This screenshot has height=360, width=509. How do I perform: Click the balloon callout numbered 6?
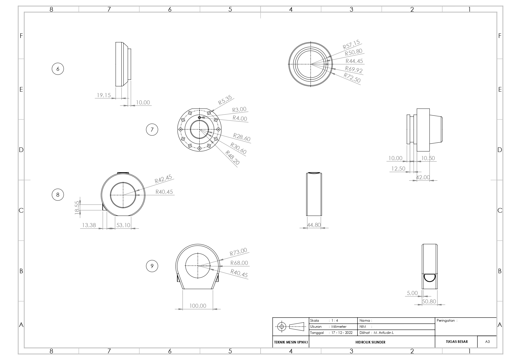point(58,69)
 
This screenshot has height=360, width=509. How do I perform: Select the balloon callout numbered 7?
point(152,130)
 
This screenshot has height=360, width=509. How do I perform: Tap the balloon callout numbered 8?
point(58,195)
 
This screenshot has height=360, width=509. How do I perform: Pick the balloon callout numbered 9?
point(152,266)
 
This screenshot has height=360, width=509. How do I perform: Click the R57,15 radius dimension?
point(351,45)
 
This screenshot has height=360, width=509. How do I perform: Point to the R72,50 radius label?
point(352,78)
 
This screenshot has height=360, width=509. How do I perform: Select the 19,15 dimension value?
point(104,95)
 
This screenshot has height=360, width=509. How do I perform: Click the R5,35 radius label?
point(225,101)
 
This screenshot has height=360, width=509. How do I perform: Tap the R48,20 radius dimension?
point(232,158)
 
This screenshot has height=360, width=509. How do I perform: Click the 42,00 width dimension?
point(423,177)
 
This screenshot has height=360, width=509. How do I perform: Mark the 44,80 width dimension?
point(314,225)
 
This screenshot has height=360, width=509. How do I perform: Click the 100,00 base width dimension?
point(198,306)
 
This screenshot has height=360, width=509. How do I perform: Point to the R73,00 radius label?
point(238,252)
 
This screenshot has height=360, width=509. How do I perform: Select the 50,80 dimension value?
point(429,301)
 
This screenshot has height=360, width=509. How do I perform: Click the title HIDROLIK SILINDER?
point(370,342)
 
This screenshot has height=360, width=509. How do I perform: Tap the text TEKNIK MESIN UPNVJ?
point(291,342)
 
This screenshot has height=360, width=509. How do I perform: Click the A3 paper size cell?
point(487,342)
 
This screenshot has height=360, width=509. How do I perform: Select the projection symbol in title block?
point(291,326)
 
